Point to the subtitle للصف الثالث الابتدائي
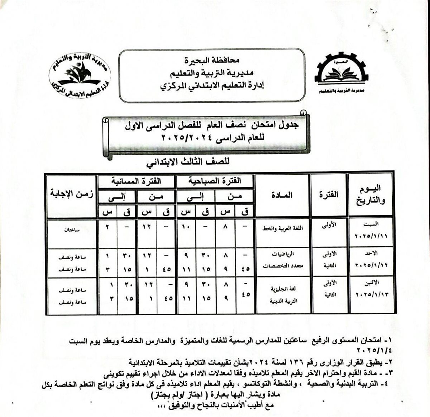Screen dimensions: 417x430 [187, 162]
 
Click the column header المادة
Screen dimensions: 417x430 [282, 195]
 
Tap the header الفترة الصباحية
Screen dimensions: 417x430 [215, 181]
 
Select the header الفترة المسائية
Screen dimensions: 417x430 [137, 181]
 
